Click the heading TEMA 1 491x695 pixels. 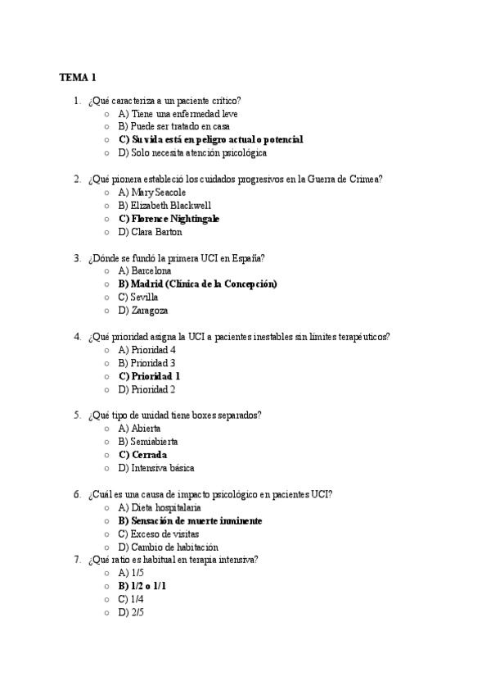[x=78, y=78]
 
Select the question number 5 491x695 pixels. [x=76, y=416]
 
